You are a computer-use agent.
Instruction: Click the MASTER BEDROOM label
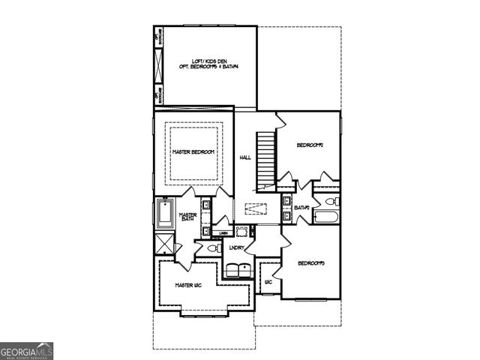(193, 152)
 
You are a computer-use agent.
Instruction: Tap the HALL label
(245, 157)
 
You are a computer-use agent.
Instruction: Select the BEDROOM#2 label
(309, 145)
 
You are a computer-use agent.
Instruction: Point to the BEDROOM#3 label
(310, 262)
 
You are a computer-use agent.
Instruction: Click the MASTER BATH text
(187, 217)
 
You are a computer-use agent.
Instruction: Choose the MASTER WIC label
(189, 285)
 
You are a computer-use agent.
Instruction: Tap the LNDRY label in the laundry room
(237, 247)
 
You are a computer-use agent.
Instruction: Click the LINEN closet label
(224, 233)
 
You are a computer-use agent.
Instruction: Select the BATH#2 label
(303, 207)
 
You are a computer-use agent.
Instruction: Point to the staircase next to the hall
(263, 160)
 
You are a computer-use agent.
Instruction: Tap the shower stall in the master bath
(165, 244)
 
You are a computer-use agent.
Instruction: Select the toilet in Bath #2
(331, 202)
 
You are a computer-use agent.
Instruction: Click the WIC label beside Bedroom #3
(268, 282)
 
